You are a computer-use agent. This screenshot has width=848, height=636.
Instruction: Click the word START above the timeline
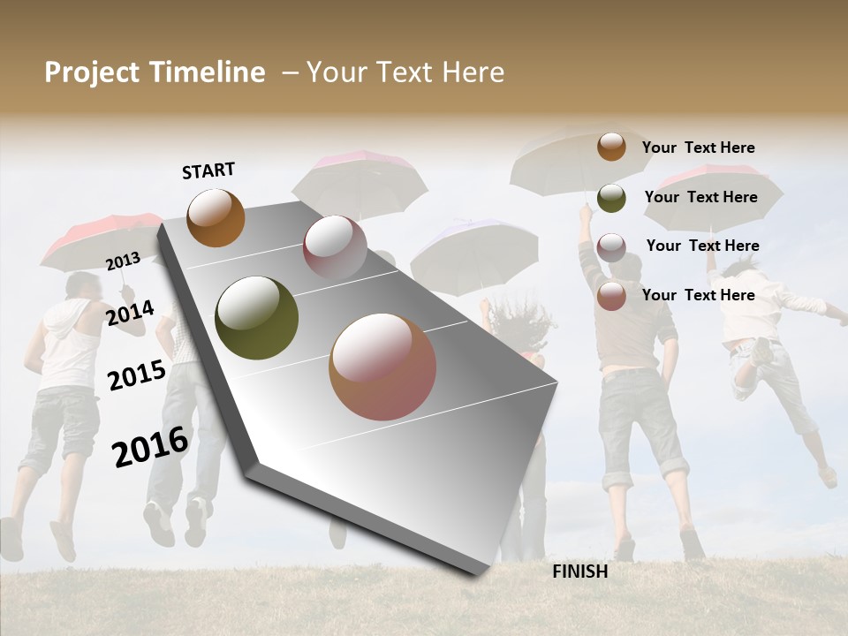click(208, 170)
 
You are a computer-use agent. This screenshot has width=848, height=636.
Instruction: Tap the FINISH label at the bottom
click(579, 572)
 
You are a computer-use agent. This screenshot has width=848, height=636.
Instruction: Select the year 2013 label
click(123, 261)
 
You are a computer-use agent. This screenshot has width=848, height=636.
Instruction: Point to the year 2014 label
click(130, 313)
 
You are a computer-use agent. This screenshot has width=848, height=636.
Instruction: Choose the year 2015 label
click(136, 375)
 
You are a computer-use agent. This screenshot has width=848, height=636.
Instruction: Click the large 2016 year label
click(150, 446)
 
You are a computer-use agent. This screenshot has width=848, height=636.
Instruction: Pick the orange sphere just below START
click(216, 217)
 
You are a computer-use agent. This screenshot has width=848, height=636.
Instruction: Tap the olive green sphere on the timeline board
click(256, 318)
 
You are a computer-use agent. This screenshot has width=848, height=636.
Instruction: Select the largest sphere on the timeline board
click(382, 367)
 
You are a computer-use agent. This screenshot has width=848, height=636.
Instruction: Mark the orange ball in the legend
click(611, 147)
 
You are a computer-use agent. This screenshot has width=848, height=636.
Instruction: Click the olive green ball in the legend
click(611, 198)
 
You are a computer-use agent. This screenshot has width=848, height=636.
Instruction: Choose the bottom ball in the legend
click(611, 296)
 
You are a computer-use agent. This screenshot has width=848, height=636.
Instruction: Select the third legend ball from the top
click(611, 247)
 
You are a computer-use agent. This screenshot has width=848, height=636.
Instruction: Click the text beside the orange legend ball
click(698, 148)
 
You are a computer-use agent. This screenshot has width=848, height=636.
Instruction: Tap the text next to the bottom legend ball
click(698, 295)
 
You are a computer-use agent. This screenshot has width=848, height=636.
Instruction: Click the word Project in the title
click(91, 72)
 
